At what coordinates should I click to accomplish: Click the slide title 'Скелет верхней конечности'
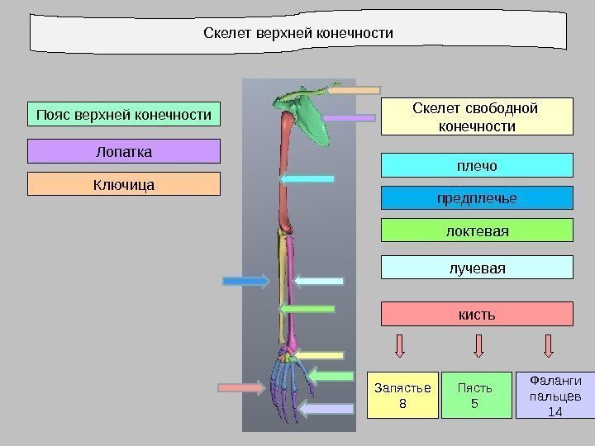(x=298, y=34)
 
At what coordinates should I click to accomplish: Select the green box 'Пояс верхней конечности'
(x=125, y=113)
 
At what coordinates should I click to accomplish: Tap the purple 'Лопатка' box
(x=125, y=151)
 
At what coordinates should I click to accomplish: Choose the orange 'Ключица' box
(x=125, y=183)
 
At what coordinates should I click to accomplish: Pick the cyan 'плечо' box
(x=476, y=165)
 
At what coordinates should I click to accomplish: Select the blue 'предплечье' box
(x=476, y=198)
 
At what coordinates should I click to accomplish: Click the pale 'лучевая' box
(x=476, y=268)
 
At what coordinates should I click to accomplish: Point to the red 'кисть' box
(x=476, y=314)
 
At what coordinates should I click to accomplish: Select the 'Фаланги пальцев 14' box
(x=548, y=395)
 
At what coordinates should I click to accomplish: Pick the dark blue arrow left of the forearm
(x=246, y=282)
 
